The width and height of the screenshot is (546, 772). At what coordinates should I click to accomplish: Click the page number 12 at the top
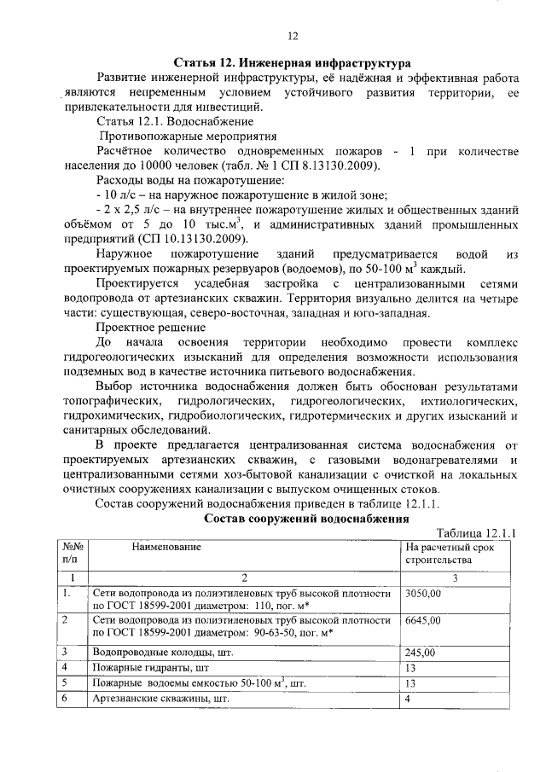tap(292, 36)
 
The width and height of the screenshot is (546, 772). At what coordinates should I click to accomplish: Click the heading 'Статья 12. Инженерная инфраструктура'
tap(292, 63)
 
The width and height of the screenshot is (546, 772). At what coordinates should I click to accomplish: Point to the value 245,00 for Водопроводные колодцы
tap(420, 653)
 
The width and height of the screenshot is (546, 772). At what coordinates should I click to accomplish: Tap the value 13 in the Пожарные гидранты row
tap(411, 668)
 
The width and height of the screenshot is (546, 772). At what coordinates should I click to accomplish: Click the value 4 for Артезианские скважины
tap(409, 699)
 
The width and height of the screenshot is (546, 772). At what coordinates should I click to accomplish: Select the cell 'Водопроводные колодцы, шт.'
tap(153, 653)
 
